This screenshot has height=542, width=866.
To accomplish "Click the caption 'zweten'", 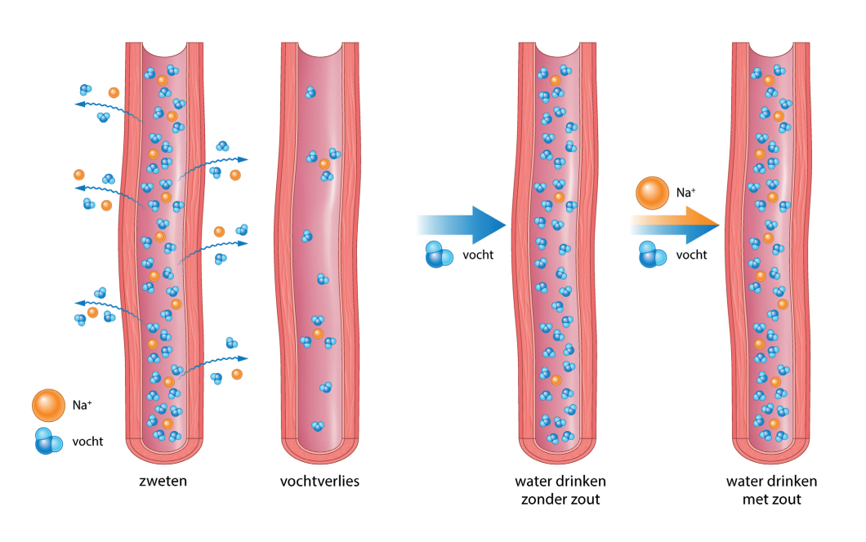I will [163, 481].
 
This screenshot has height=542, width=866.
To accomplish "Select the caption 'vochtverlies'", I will [319, 481].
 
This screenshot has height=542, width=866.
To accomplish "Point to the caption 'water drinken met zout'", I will [771, 490].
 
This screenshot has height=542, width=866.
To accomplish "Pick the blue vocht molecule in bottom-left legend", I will [48, 442].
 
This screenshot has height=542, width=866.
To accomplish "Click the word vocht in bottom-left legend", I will [88, 442].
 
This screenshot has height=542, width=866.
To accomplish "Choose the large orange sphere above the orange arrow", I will [652, 193].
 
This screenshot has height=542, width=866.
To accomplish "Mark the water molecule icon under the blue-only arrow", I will [439, 255].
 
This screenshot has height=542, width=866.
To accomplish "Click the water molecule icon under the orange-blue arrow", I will [652, 255].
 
